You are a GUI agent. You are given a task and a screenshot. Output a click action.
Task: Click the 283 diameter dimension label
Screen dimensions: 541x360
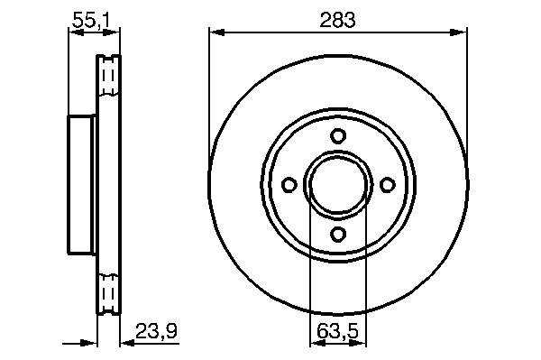coord(337,20)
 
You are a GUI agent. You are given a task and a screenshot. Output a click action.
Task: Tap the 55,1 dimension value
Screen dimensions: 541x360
coord(91,21)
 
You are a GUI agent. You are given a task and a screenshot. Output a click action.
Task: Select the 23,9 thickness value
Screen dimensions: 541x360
coord(156,331)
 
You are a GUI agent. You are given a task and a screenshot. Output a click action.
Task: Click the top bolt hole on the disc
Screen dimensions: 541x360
coord(338,135)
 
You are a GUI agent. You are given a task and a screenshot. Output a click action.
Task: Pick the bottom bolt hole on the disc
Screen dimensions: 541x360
coord(338,234)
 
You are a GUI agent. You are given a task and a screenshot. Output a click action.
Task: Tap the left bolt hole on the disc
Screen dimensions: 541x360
coord(289,185)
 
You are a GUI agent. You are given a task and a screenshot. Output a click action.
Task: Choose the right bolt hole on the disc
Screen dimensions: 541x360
coord(387,185)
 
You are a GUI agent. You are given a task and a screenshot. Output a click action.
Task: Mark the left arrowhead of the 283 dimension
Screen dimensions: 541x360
coord(217,32)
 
